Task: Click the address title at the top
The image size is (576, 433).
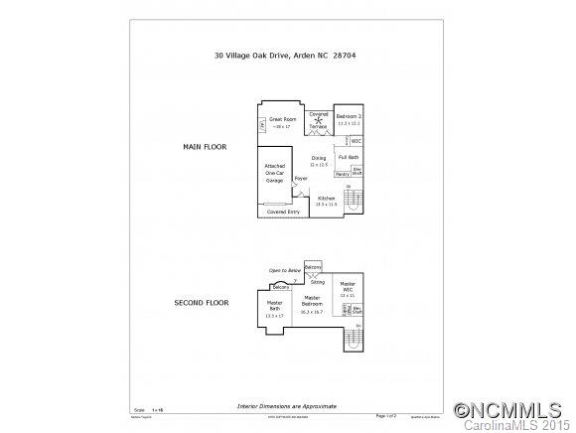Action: coord(285,56)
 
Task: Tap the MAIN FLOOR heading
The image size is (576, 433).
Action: coord(205,147)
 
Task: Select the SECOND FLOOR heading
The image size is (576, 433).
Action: coord(202,302)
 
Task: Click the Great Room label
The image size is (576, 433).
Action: coord(283,119)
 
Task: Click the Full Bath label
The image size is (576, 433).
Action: coord(349,158)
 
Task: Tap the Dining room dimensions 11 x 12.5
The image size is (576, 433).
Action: coord(319,165)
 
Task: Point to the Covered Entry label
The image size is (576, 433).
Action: coord(283,212)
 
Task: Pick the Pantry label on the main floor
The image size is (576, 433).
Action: coord(342,175)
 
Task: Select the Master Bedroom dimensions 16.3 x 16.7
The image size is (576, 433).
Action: coord(312,312)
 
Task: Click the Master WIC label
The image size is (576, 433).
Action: coord(348,287)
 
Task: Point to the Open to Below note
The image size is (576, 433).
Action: coord(285,270)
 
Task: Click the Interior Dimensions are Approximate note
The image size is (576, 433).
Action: coord(288,407)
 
